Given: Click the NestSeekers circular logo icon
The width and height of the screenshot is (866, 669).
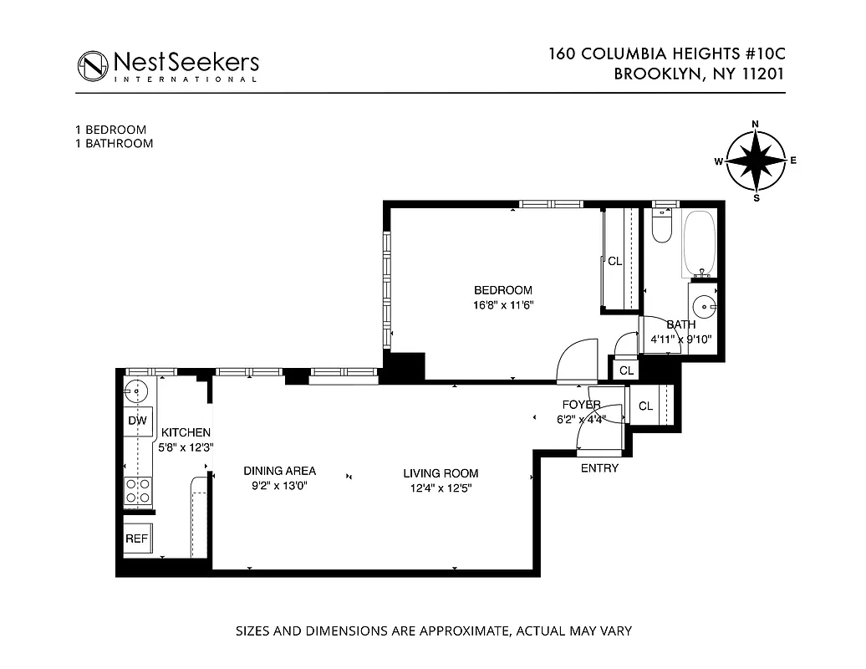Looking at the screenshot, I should coord(94,65).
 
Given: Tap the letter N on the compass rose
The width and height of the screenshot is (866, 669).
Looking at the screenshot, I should coord(756,125).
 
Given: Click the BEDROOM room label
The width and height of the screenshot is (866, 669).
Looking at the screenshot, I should coord(502,291).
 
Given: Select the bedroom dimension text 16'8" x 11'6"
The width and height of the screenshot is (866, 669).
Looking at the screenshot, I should coord(502,305).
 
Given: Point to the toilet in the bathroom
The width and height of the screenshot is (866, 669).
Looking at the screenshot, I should coord(662,227).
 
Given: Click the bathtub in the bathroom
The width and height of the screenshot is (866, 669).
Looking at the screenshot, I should coord(700,243).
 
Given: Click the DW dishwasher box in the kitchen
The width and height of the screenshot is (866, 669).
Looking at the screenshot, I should coord(137,421).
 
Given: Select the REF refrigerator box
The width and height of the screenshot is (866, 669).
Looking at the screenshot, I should coord(137,539).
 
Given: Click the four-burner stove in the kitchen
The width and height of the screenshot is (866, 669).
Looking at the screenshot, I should coord(138,490).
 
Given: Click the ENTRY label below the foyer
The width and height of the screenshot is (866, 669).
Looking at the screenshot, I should coord(599,468).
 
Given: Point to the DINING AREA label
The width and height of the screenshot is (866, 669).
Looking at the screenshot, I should coord(279,471).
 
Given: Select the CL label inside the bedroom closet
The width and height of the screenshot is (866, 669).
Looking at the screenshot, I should coord(615,262).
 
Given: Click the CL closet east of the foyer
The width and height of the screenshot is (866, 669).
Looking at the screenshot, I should coord(646,406).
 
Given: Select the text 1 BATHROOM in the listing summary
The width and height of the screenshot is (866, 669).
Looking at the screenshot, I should coord(114,143).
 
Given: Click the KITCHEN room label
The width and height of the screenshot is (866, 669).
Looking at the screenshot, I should coord(186,432).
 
